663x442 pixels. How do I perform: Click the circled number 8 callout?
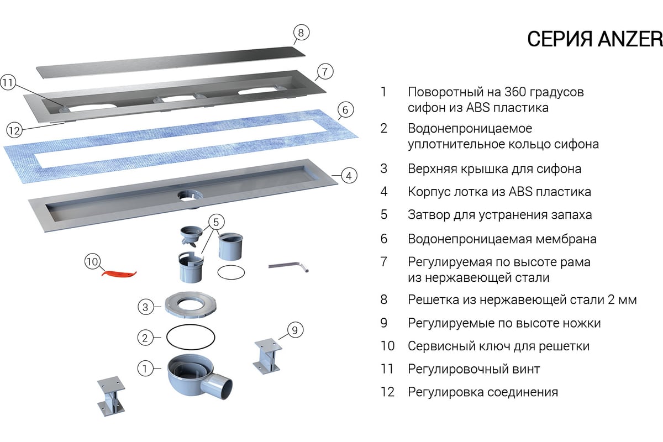click(300, 33)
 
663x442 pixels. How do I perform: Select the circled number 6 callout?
click(345, 110)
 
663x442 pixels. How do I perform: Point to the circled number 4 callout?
click(349, 176)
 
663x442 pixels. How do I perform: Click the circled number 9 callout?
click(294, 330)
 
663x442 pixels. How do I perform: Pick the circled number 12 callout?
click(14, 130)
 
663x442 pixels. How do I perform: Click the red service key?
click(119, 272)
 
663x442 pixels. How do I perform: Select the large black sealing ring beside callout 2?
click(191, 336)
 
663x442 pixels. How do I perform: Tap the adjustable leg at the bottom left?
click(111, 396)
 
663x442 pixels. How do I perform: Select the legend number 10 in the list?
click(387, 346)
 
